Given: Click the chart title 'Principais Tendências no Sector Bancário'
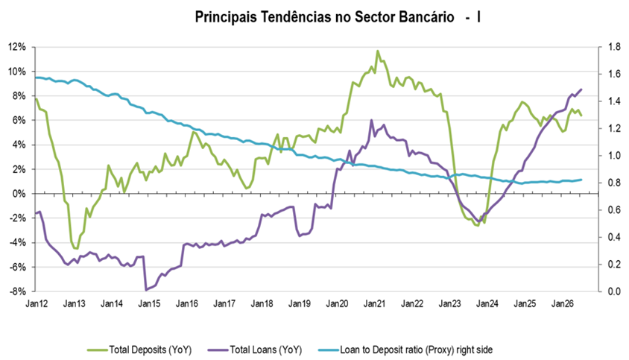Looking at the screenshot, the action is click(324, 17).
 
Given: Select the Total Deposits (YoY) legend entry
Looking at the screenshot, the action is click(139, 350).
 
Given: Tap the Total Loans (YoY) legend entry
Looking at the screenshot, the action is click(255, 350).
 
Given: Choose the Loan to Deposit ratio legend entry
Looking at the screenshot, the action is click(405, 350).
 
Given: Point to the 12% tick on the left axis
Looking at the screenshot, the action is click(18, 47).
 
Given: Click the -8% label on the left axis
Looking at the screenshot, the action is click(18, 291).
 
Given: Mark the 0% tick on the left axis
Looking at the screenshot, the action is click(20, 194).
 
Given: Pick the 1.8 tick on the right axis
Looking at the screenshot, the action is click(614, 47).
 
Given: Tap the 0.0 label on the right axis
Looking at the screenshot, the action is click(614, 291).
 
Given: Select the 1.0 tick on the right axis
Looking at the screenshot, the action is click(614, 156).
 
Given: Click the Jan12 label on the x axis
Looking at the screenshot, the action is click(37, 304).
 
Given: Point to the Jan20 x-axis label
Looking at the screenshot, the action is click(337, 304).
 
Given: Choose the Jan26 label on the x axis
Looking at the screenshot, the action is click(563, 304).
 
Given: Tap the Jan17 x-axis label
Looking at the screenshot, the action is click(224, 304).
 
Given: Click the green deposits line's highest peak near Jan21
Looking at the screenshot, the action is click(378, 51).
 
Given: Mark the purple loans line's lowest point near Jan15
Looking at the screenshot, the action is click(146, 290).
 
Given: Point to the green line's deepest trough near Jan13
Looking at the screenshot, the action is click(76, 248).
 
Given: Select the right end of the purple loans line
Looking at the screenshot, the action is click(581, 89).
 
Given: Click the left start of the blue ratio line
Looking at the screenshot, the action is click(36, 78).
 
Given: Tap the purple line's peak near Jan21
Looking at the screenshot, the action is click(371, 120).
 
